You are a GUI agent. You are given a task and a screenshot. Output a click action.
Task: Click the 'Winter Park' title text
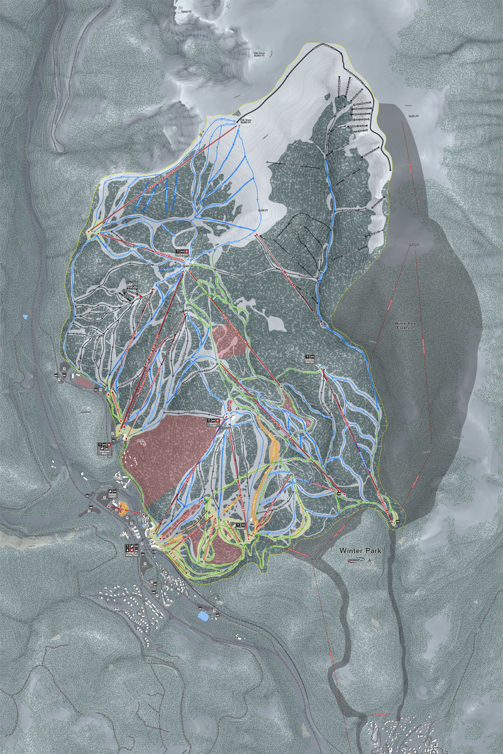click(x=360, y=550)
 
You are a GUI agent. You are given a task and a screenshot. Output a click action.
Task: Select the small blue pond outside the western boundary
click(x=25, y=317)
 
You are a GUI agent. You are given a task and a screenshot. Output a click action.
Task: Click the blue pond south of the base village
click(x=203, y=616)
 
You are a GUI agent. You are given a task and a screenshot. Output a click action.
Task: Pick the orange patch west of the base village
click(x=123, y=506)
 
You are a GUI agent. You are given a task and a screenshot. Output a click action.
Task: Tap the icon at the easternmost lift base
click(x=395, y=522)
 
